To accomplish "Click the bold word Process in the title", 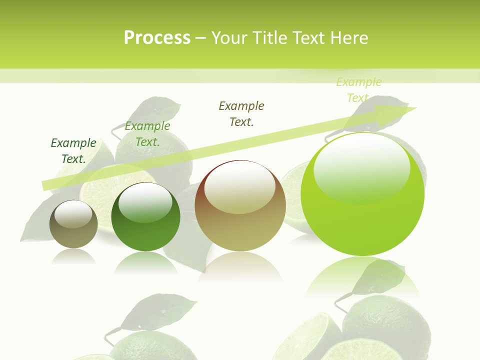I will tap(157, 38).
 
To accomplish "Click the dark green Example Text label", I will tap(73, 151).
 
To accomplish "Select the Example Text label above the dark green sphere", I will tap(147, 134).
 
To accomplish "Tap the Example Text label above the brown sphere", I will tap(241, 113).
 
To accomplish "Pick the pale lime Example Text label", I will tap(358, 90).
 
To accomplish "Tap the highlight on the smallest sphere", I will tap(73, 215).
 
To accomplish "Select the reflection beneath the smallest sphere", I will tap(73, 256).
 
